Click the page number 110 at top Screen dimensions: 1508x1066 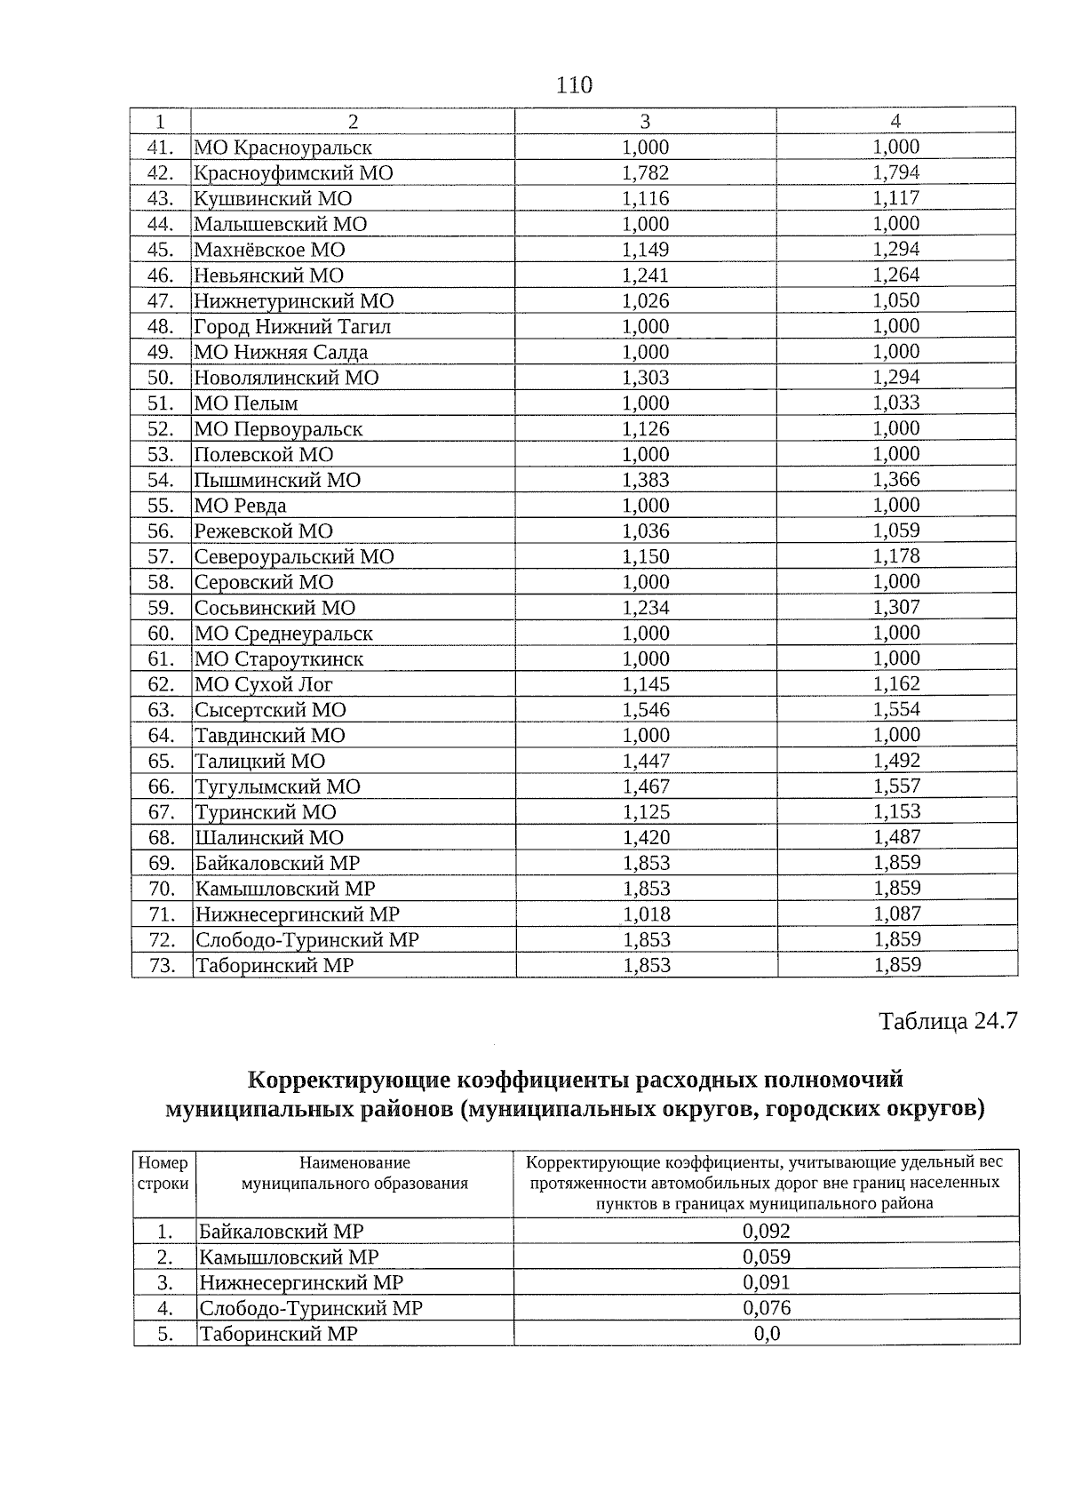tap(574, 85)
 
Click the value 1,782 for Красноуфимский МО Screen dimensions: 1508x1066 tap(646, 173)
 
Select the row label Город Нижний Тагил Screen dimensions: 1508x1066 tap(292, 327)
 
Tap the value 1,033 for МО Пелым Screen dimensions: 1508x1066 tap(895, 403)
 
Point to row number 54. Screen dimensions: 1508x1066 tap(161, 480)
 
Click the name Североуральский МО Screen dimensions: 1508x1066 tap(294, 557)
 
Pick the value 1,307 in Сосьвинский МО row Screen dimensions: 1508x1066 tap(896, 607)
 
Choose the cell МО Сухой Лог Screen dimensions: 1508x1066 tap(264, 684)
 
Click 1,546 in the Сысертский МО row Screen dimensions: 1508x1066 tap(646, 710)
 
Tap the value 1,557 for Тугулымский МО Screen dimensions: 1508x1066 tap(896, 786)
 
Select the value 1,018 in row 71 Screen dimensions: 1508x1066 tap(647, 914)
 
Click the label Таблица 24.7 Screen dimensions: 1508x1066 tap(947, 1021)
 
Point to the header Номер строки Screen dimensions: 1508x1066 tap(163, 1173)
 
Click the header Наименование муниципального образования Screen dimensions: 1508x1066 tap(354, 1173)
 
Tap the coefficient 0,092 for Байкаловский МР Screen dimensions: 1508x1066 tap(767, 1231)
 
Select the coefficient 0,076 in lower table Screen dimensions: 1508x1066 tap(767, 1308)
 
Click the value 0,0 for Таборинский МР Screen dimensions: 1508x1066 tap(767, 1334)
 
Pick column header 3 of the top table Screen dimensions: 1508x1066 tap(645, 122)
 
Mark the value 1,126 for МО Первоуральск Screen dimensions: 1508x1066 tap(646, 429)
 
